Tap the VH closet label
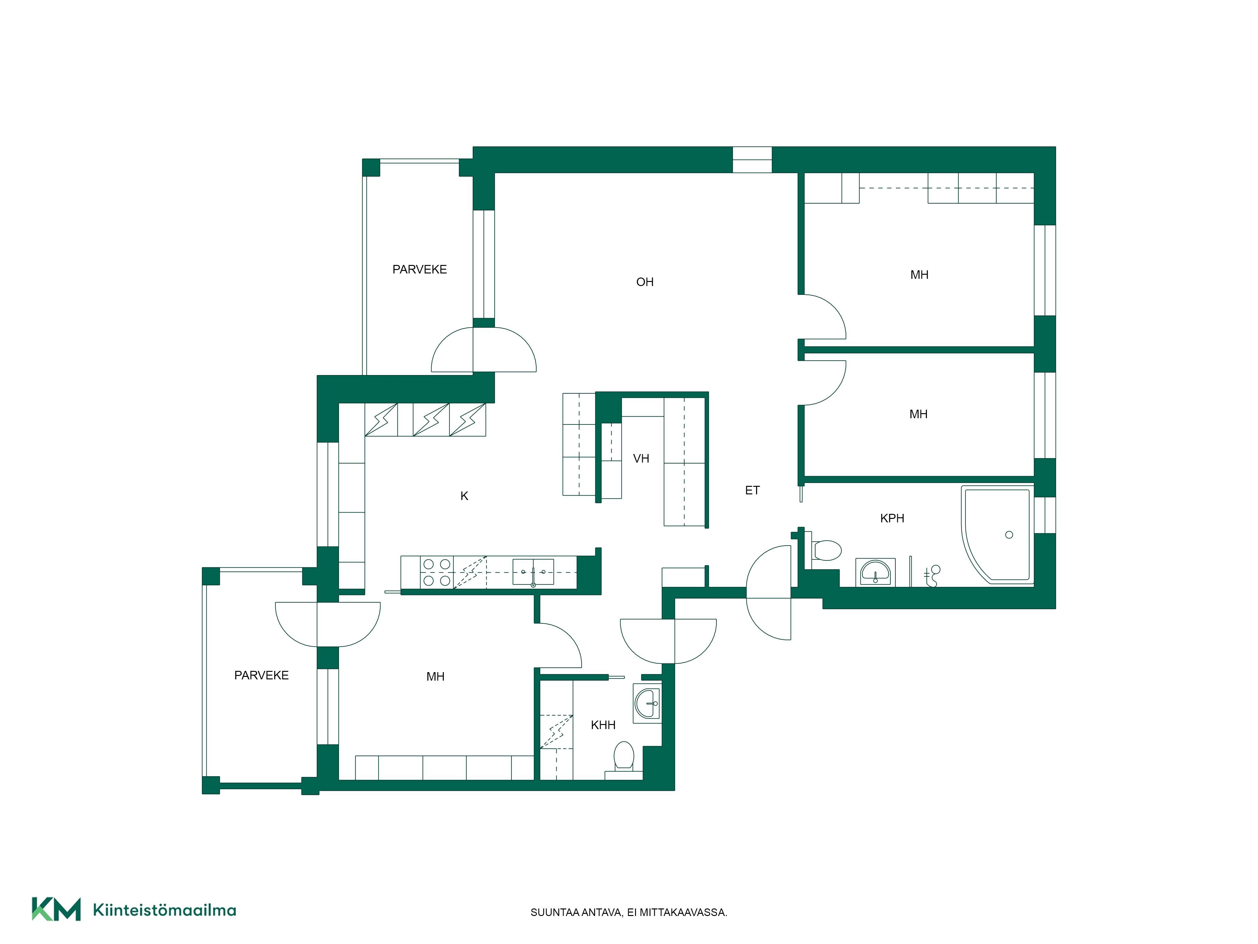[x=641, y=458]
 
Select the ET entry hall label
[x=752, y=490]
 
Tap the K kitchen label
[x=464, y=496]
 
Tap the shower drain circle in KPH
[x=1009, y=534]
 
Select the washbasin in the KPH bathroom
[x=875, y=572]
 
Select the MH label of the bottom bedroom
[x=435, y=676]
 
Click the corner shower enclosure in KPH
[x=997, y=535]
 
